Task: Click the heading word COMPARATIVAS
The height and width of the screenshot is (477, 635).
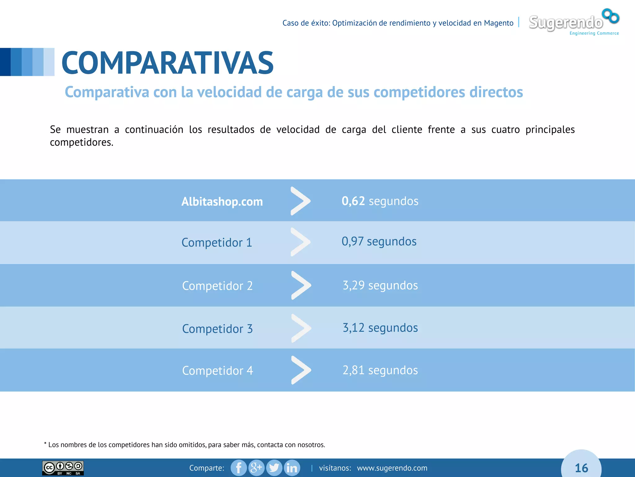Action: click(x=167, y=63)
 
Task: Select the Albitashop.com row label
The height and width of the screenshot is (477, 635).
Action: click(x=222, y=202)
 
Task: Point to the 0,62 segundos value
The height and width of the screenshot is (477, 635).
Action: click(x=380, y=201)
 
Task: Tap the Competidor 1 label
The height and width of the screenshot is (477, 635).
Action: click(x=217, y=243)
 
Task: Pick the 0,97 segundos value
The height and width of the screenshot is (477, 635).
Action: click(x=379, y=241)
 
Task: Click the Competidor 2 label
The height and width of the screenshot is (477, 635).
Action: click(x=217, y=286)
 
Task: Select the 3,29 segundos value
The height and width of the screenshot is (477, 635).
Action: click(x=380, y=285)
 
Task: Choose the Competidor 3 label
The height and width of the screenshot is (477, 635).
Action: click(x=217, y=329)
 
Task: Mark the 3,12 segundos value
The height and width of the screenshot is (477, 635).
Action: click(x=380, y=328)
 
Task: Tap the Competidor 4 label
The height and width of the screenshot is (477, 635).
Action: click(x=217, y=370)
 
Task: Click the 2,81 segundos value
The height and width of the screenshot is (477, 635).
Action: click(x=380, y=370)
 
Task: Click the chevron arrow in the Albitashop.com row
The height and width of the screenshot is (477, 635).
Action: click(x=300, y=201)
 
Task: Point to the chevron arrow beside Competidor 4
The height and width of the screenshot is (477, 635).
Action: click(x=301, y=370)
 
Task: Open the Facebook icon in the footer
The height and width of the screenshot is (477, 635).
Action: click(x=239, y=468)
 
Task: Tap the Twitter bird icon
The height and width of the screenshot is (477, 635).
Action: click(x=274, y=468)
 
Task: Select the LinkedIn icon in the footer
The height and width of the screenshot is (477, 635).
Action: click(x=292, y=468)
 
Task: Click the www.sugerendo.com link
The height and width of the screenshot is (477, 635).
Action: click(x=392, y=468)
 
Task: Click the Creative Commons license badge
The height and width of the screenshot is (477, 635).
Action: click(x=63, y=468)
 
